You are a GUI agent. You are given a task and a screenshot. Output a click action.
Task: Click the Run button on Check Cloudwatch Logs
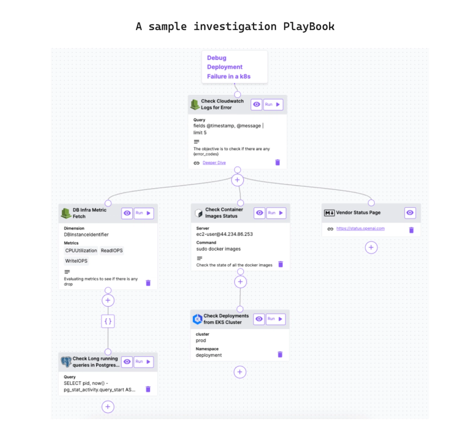273,105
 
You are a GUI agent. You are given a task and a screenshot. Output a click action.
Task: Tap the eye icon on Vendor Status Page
410,213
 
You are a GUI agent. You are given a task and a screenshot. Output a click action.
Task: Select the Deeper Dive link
214,163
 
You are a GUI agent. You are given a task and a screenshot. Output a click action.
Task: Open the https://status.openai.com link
361,229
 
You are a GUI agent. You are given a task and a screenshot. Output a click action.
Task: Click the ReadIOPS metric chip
112,251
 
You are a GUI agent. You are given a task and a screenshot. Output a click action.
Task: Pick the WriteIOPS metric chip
77,261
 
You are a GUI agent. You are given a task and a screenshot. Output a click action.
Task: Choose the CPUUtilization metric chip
81,251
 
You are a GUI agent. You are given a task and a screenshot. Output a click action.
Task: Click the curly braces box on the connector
108,320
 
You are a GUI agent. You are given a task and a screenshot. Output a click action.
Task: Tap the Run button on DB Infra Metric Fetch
144,214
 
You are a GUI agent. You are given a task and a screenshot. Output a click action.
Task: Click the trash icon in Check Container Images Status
281,265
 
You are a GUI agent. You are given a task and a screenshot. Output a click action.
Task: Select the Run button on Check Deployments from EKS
275,319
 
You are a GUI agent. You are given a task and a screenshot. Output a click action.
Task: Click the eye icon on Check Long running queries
127,362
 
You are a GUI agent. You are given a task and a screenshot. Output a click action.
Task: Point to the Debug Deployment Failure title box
234,67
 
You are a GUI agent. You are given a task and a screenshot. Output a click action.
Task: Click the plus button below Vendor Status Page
371,247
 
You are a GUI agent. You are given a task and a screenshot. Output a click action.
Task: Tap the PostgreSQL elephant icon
66,362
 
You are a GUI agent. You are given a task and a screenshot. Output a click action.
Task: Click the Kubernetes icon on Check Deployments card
198,319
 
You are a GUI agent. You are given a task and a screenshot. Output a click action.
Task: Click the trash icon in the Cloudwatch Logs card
277,163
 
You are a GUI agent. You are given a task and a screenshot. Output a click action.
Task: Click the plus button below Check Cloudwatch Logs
238,180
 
